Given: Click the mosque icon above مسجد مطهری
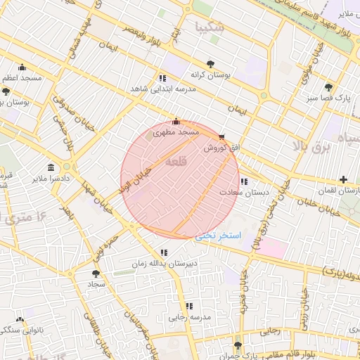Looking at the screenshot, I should click(176, 121).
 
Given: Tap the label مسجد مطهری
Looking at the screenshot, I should click(176, 131).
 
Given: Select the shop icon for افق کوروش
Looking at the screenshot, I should click(222, 138).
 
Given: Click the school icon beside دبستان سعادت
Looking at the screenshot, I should click(243, 181).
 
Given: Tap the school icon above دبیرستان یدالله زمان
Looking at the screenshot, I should click(164, 252).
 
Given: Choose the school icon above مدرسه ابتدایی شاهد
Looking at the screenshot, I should click(162, 78).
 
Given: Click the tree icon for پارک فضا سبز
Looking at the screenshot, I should click(328, 87).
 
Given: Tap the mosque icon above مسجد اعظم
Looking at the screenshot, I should click(22, 67).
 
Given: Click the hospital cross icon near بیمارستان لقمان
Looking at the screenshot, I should click(343, 180).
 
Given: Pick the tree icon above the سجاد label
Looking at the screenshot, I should click(96, 274).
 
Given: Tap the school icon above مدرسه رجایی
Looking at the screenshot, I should click(188, 306).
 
